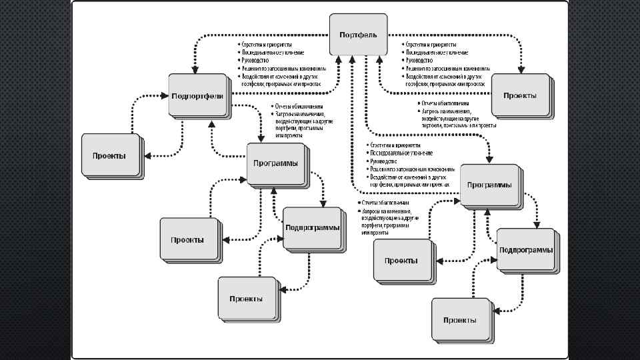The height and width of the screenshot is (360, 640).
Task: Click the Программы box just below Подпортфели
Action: click(275, 163)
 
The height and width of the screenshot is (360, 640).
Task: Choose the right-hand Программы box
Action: click(490, 185)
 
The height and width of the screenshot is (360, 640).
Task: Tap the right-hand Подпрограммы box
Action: click(525, 249)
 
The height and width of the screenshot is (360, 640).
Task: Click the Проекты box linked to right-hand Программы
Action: click(401, 260)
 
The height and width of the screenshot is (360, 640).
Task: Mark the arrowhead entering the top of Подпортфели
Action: click(195, 71)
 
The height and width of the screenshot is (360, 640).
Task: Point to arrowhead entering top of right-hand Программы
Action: click(490, 160)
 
